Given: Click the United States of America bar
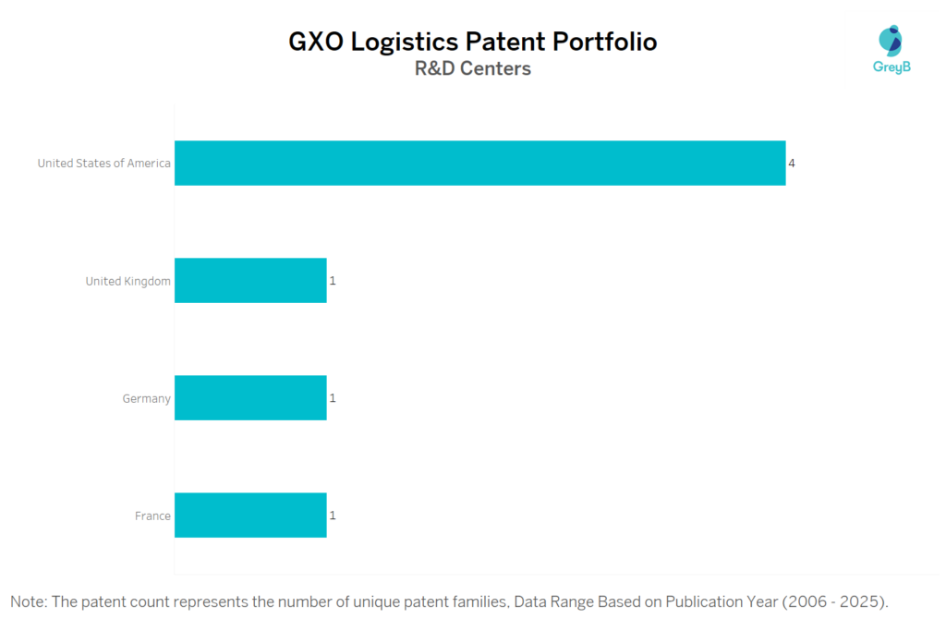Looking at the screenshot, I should (x=479, y=164).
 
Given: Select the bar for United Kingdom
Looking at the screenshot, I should (x=250, y=281).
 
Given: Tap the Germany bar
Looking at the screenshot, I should (x=250, y=398).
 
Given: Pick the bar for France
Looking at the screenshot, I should (x=250, y=516).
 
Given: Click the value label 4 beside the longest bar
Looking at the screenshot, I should (x=792, y=164).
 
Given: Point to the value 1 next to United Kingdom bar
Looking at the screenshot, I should (x=333, y=281).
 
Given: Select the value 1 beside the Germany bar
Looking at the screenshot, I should (x=333, y=398).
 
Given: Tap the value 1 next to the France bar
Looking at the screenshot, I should (x=333, y=516).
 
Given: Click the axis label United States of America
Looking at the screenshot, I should (x=103, y=164).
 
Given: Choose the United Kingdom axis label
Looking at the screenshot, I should (x=127, y=281).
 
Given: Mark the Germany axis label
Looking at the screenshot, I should (x=146, y=399).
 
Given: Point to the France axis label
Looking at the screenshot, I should (x=152, y=516).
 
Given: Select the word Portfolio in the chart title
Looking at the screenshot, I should (x=603, y=42).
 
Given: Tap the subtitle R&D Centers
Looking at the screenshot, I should (x=473, y=68).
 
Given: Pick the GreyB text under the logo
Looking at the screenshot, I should (x=891, y=67).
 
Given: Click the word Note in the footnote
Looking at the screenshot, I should (x=28, y=602).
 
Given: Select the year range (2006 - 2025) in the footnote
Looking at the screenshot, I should (x=835, y=602).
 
